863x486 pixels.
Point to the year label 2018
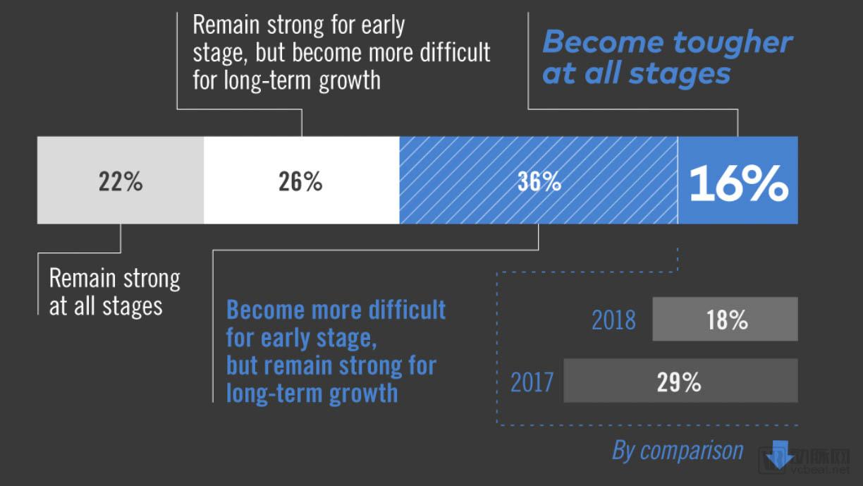613,320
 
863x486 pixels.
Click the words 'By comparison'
678,450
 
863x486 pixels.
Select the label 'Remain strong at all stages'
113,291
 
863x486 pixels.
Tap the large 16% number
738,183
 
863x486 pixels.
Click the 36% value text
539,182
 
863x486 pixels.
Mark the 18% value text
727,320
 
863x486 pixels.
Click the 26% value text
300,182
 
